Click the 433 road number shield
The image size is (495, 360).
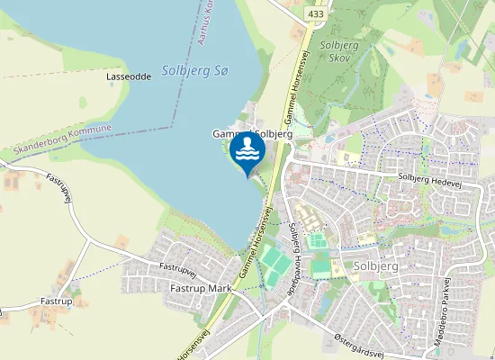pyautogui.click(x=315, y=14)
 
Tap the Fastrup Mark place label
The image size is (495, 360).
pyautogui.click(x=200, y=288)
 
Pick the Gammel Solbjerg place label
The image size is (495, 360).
pyautogui.click(x=251, y=134)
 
